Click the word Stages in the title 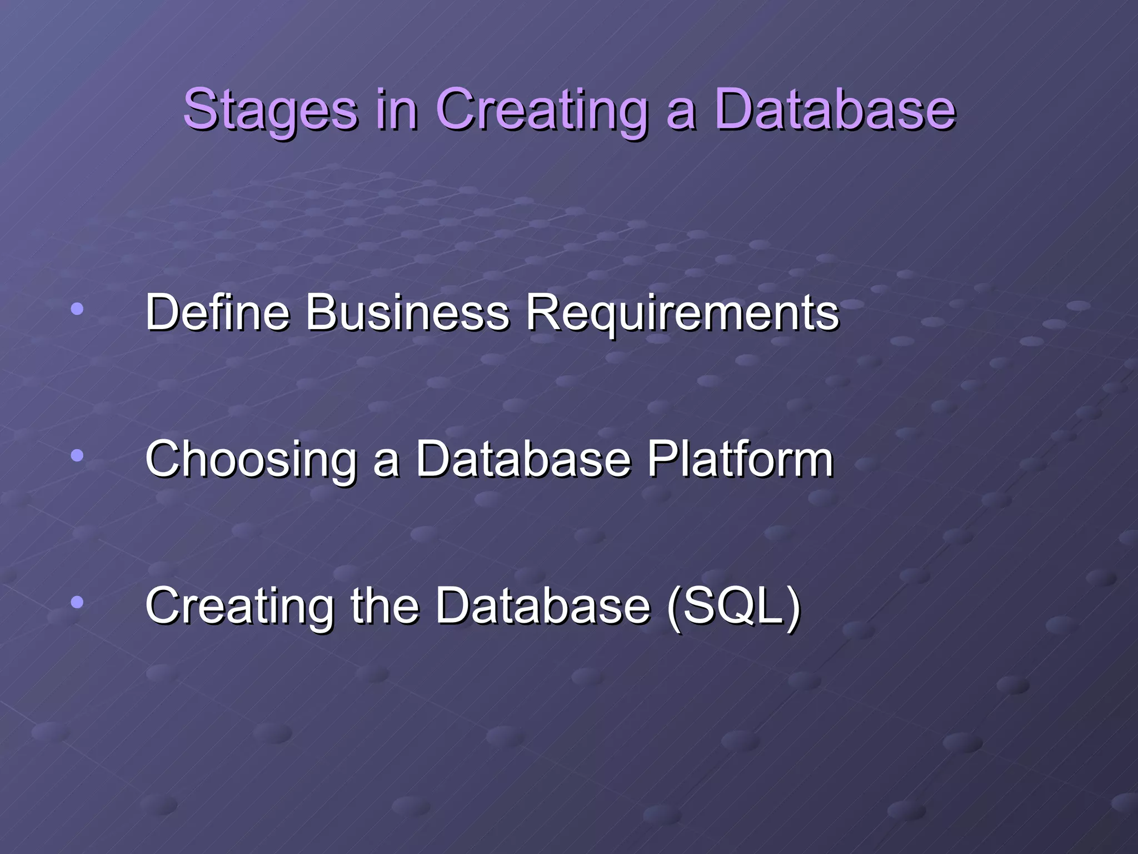click(270, 110)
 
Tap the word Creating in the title click(541, 110)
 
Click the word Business click(407, 312)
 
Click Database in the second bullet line click(523, 459)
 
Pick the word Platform click(740, 459)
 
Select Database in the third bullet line click(542, 605)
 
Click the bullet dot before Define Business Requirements click(77, 309)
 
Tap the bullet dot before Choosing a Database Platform click(77, 456)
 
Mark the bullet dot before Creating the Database click(77, 602)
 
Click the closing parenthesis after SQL click(793, 607)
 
